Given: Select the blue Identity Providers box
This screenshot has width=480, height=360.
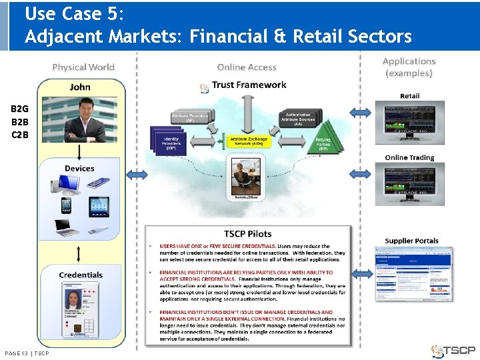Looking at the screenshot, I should tap(171, 142).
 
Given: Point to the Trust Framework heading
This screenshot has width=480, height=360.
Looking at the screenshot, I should tap(249, 85).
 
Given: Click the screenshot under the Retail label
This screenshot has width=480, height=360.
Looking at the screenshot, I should tap(409, 123).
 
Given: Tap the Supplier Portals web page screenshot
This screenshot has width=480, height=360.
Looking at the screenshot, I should tap(414, 273).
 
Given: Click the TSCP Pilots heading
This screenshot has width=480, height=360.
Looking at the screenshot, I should tap(247, 234).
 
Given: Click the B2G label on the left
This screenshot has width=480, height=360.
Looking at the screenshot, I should tap(20, 109).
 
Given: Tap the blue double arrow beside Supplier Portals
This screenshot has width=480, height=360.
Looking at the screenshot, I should tap(361, 273).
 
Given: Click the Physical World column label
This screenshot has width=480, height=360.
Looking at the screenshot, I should tap(83, 67).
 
